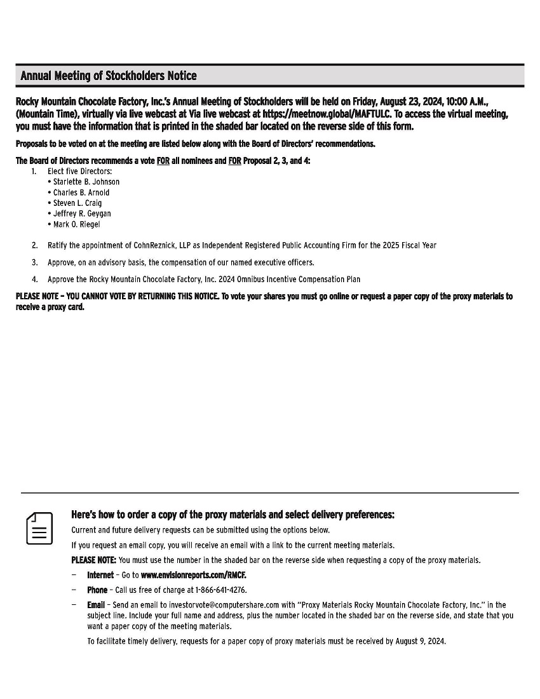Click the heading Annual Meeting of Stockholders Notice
point(109,76)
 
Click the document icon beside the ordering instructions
point(39,528)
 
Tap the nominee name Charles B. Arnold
point(81,193)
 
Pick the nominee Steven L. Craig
point(77,203)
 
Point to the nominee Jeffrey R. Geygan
point(82,214)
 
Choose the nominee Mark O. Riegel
point(76,225)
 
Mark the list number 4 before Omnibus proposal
point(34,280)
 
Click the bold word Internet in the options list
point(100,575)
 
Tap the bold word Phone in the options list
point(97,590)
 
